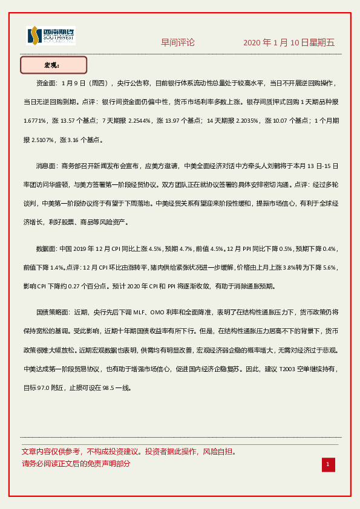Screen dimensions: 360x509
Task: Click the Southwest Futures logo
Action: (51, 36)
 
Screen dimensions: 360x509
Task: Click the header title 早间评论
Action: (178, 42)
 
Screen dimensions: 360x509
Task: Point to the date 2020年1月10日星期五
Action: (289, 43)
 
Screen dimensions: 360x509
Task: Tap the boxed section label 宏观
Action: (53, 65)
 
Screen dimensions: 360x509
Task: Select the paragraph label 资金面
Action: (46, 83)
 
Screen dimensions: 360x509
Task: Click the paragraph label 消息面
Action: (46, 166)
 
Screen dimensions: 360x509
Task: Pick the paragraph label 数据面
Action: (46, 248)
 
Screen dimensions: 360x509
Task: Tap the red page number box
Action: (327, 464)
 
